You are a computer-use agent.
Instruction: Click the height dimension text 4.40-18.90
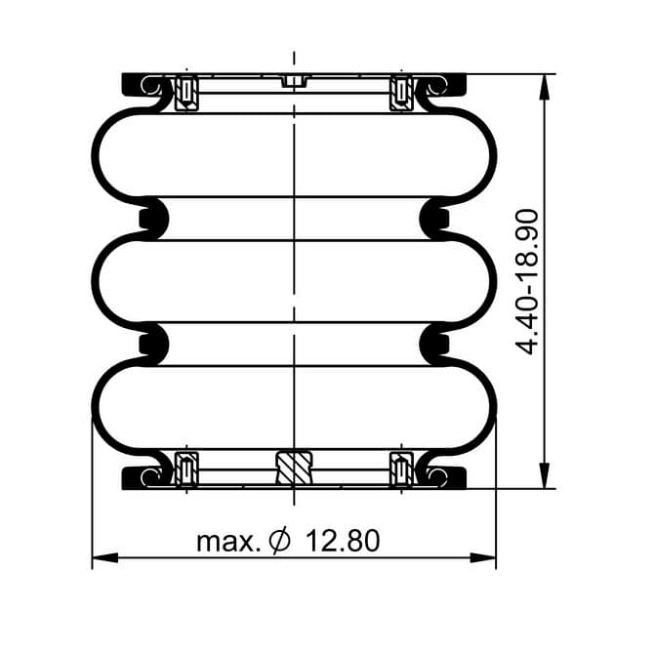[x=527, y=282]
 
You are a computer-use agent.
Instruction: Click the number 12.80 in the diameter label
[x=343, y=541]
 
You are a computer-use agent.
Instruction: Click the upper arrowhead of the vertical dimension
[x=544, y=87]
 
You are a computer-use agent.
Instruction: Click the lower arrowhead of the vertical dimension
[x=544, y=475]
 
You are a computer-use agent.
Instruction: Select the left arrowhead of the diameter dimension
[x=105, y=557]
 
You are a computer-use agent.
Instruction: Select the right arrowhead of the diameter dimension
[x=482, y=557]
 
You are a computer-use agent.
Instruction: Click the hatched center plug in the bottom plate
[x=294, y=468]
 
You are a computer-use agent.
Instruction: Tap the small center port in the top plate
[x=295, y=81]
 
